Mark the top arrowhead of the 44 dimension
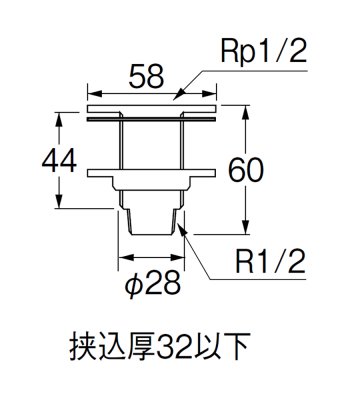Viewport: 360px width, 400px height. click(x=64, y=117)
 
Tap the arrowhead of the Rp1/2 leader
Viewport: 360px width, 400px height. click(x=175, y=100)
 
